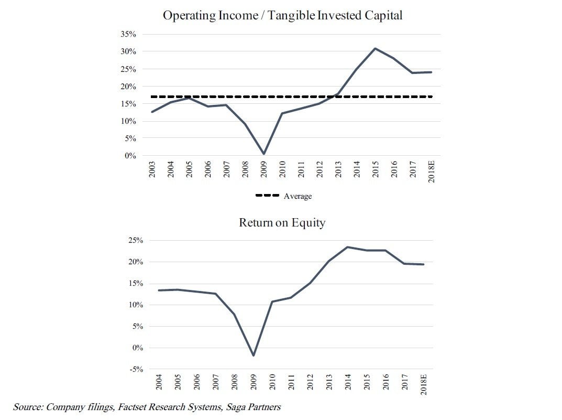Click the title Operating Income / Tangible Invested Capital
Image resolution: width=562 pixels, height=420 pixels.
tap(282, 15)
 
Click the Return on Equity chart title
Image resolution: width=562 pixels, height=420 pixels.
tap(282, 222)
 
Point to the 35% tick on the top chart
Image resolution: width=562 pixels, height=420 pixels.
tap(129, 34)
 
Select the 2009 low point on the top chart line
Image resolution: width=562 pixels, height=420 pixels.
tap(263, 154)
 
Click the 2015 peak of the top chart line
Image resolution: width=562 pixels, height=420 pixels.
tap(375, 48)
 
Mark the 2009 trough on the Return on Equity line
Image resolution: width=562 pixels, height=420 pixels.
tap(253, 356)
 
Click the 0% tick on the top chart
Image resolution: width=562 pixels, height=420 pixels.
tap(130, 156)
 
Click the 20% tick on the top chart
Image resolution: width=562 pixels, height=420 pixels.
tap(129, 87)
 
